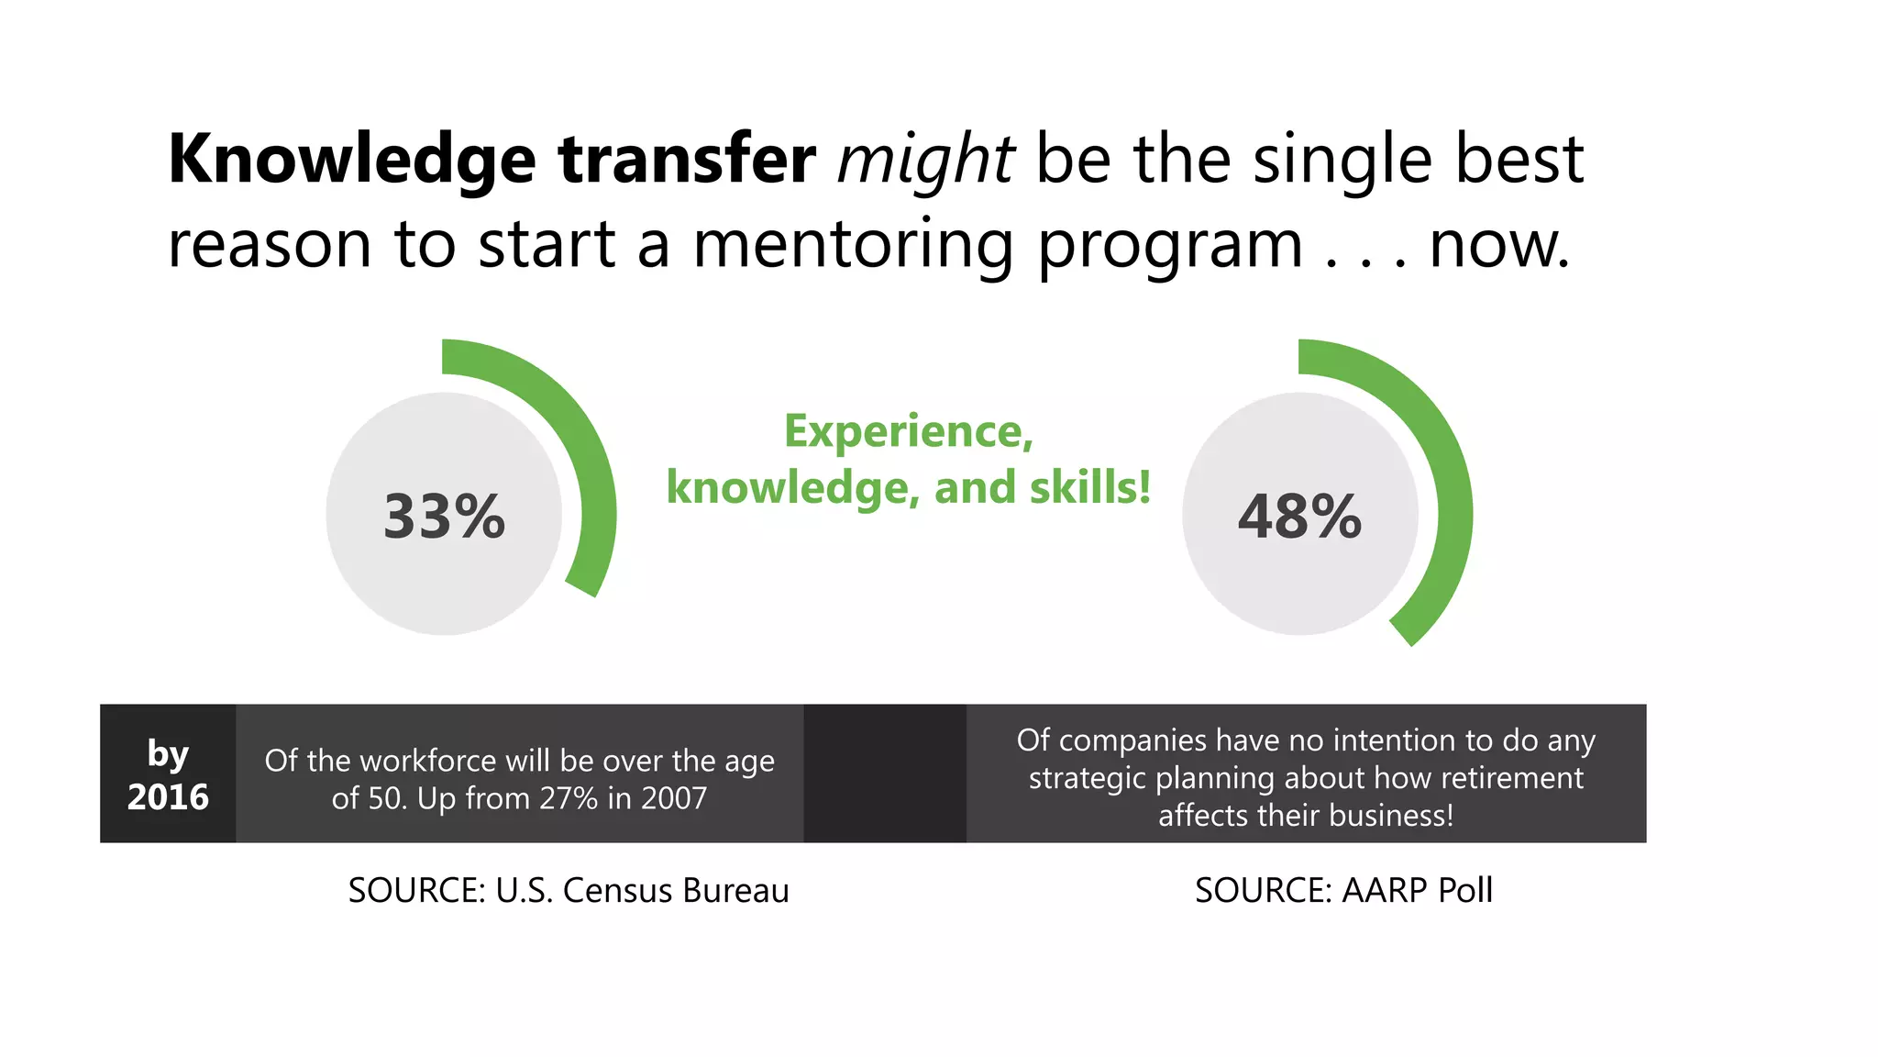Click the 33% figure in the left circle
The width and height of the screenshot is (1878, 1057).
click(x=444, y=516)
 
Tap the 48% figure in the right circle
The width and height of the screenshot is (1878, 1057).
click(x=1299, y=516)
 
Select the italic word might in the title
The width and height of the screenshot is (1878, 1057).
click(x=925, y=160)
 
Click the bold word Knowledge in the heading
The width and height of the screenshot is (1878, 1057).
click(x=352, y=160)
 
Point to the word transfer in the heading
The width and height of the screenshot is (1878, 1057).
click(x=687, y=160)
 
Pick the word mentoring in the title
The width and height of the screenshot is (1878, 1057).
click(x=853, y=245)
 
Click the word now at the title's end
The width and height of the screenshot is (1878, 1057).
click(x=1498, y=245)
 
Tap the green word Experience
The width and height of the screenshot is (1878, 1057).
click(x=908, y=431)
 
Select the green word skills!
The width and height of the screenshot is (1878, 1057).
click(x=1089, y=487)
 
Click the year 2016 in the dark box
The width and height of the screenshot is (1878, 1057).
click(x=168, y=796)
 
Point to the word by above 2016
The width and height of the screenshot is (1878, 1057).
click(x=168, y=754)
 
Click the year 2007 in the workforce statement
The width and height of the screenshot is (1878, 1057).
click(x=674, y=798)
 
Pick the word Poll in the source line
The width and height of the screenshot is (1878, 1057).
click(x=1465, y=890)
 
